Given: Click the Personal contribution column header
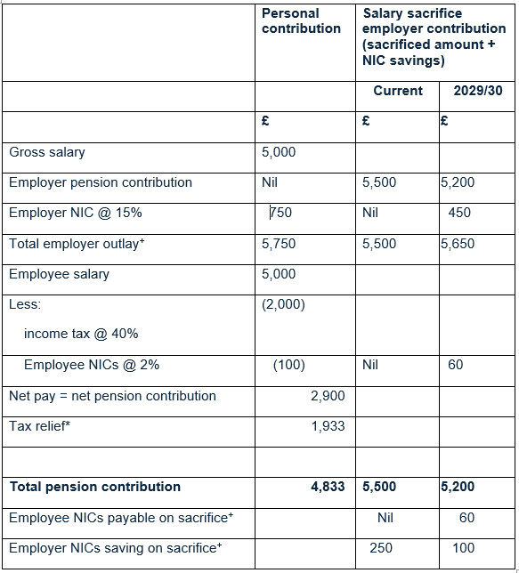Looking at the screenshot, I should click(301, 21).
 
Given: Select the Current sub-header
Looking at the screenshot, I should click(398, 91).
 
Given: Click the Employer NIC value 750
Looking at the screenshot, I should click(281, 213).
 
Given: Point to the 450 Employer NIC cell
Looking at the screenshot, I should click(460, 213).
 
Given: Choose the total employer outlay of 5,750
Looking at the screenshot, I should click(279, 244).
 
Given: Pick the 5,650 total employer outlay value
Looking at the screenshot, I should click(458, 244).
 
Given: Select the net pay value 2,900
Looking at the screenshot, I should click(328, 396).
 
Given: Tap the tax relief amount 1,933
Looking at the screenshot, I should click(328, 426).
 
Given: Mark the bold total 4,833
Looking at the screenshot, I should click(328, 487).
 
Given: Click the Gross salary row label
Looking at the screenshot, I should click(47, 152).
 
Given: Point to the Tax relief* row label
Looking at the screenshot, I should click(40, 426).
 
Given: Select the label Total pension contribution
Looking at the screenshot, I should click(95, 487).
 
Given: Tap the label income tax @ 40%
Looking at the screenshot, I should click(81, 334).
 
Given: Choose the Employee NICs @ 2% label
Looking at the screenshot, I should click(92, 365).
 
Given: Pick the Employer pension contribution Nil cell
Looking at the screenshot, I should click(271, 182).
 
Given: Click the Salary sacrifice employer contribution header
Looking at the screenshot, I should click(434, 36).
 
